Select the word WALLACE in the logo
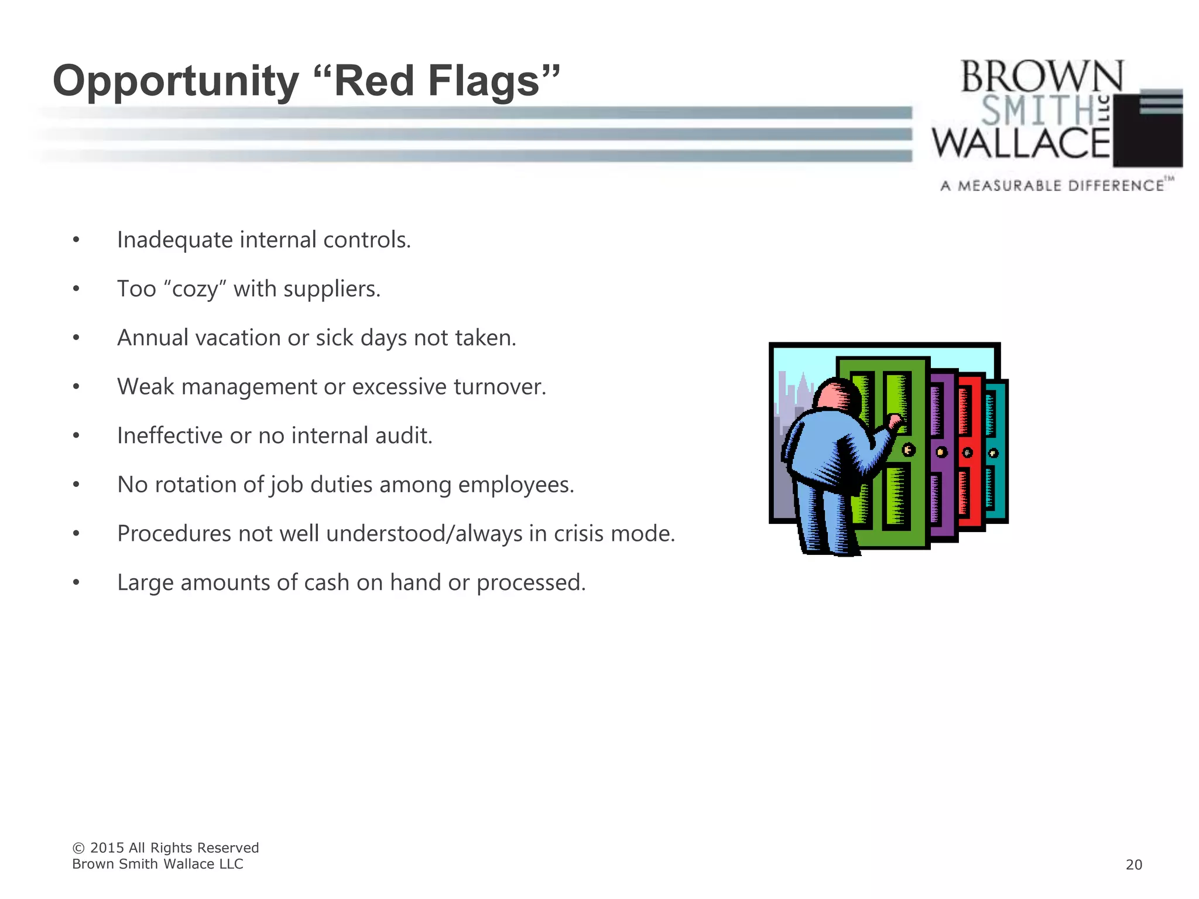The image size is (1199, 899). click(1021, 143)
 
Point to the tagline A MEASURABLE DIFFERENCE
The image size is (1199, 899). click(1052, 186)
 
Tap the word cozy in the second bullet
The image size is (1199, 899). click(195, 289)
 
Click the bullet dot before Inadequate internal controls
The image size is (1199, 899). click(76, 241)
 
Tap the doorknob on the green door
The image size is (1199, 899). click(909, 450)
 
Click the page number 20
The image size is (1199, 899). click(1133, 864)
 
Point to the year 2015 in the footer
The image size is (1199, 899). click(107, 848)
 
